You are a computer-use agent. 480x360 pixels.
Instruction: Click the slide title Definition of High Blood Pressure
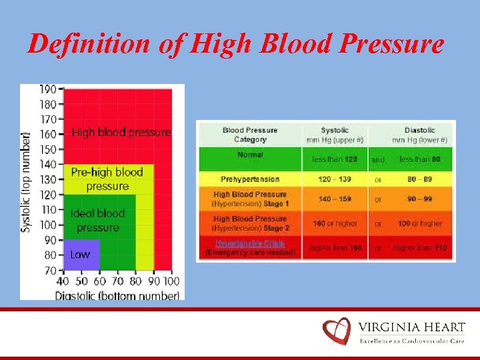[235, 44]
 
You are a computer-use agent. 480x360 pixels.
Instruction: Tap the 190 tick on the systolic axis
[49, 89]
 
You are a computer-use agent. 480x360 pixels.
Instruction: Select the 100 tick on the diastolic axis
[171, 283]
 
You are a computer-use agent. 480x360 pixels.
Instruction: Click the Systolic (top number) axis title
[26, 181]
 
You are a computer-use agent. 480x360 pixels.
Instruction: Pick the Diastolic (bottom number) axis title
[117, 295]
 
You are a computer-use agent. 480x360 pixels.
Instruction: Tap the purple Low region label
[80, 255]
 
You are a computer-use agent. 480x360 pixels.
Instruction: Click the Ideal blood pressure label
[97, 221]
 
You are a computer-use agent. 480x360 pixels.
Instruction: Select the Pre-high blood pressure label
[107, 179]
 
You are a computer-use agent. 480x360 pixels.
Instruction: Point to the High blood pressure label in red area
[121, 133]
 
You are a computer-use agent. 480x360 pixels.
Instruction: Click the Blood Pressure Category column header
[250, 135]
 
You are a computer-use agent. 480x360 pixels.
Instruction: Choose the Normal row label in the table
[250, 155]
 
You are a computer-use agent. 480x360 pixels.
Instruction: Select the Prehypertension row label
[250, 179]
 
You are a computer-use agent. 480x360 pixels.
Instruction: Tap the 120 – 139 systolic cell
[334, 179]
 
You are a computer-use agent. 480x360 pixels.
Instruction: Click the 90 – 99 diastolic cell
[420, 199]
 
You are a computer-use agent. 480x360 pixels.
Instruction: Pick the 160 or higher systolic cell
[334, 223]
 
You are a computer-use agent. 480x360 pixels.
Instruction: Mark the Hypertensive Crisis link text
[250, 243]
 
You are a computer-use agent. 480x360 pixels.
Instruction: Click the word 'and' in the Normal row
[378, 160]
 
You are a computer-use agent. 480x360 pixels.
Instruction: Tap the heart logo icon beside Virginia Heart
[337, 331]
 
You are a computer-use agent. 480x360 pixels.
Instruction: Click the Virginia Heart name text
[411, 327]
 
